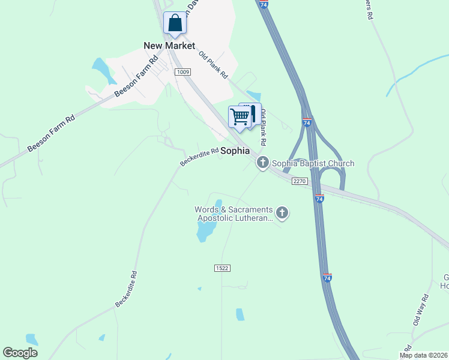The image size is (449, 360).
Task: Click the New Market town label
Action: coord(169,46)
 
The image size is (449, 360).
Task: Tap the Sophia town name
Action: coord(235,151)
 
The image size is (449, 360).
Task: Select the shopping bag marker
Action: coord(175,24)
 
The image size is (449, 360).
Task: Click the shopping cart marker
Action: coord(240,116)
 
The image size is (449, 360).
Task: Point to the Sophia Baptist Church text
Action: coord(313,163)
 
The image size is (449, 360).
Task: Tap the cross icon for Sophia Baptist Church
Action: coord(262,163)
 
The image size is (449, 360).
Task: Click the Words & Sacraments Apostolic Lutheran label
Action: coord(234,214)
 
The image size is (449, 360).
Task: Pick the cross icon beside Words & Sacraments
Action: coord(282,212)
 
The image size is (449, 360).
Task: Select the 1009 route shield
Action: coord(183,72)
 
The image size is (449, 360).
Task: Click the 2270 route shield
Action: coord(300,181)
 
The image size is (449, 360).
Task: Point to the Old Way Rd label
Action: coord(420,310)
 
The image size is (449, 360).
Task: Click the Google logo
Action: coord(20,353)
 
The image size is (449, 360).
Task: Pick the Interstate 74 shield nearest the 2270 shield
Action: coord(319,199)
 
